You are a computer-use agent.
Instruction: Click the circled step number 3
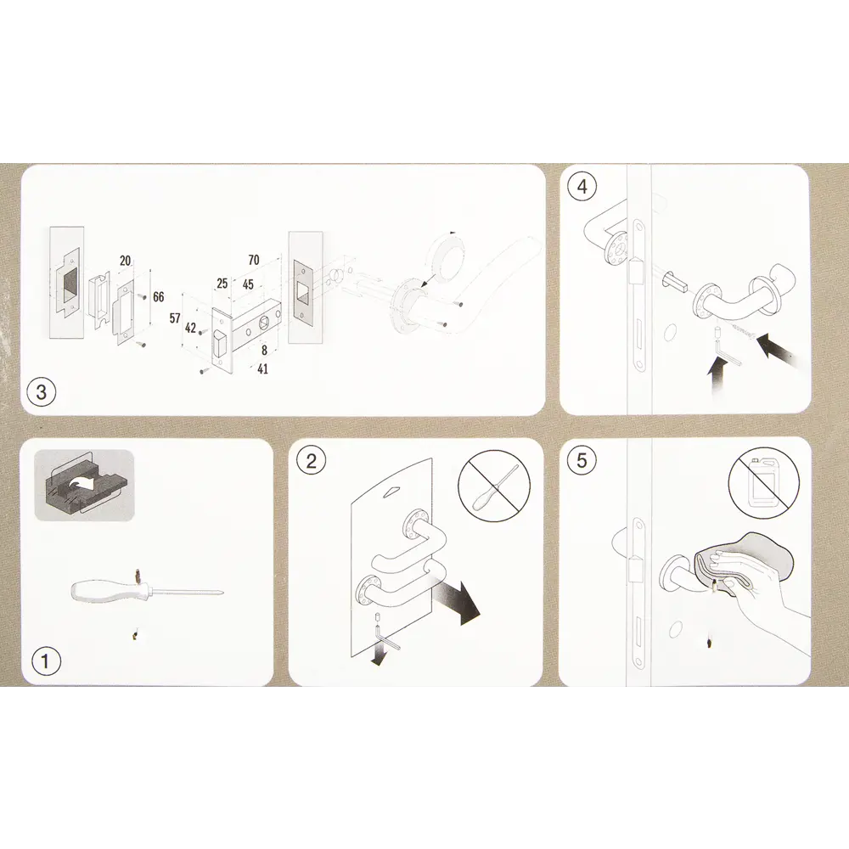(42, 391)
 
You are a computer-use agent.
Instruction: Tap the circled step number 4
(582, 186)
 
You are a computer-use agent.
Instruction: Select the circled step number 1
(45, 661)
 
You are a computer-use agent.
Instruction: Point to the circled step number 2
(311, 461)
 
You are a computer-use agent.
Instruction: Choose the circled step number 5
(582, 460)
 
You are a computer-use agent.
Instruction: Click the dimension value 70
(253, 260)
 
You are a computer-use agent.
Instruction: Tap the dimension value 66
(158, 296)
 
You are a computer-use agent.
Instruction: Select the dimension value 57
(174, 318)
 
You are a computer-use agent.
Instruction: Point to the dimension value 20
(125, 261)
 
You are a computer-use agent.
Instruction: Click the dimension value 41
(262, 368)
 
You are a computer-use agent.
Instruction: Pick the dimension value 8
(264, 351)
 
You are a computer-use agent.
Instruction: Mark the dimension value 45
(248, 284)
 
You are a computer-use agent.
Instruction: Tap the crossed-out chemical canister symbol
(763, 481)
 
